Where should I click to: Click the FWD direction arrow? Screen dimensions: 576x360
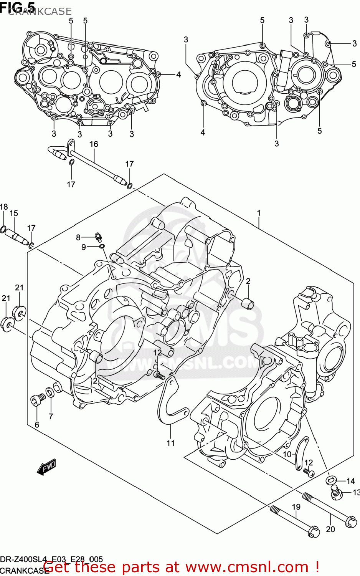click(47, 467)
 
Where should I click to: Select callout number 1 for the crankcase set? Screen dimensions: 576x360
click(259, 213)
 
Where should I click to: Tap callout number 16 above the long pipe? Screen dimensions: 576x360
click(94, 144)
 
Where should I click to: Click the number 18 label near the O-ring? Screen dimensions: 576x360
click(4, 207)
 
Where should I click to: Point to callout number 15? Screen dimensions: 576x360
click(14, 213)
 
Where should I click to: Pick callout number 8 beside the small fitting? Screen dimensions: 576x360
click(78, 237)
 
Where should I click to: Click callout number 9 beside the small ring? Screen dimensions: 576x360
click(84, 247)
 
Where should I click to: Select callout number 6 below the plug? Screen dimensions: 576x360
click(37, 424)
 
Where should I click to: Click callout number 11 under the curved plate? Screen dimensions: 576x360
click(170, 443)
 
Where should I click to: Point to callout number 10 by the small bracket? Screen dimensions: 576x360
click(287, 454)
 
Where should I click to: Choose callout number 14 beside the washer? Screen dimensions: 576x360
click(350, 481)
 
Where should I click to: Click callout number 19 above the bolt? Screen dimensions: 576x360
click(296, 507)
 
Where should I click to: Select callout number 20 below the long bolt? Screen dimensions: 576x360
click(330, 529)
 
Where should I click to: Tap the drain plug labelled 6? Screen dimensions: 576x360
click(36, 400)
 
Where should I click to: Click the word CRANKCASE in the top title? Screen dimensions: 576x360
click(40, 12)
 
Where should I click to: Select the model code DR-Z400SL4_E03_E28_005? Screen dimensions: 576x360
click(51, 559)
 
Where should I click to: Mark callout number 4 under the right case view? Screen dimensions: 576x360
click(203, 132)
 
